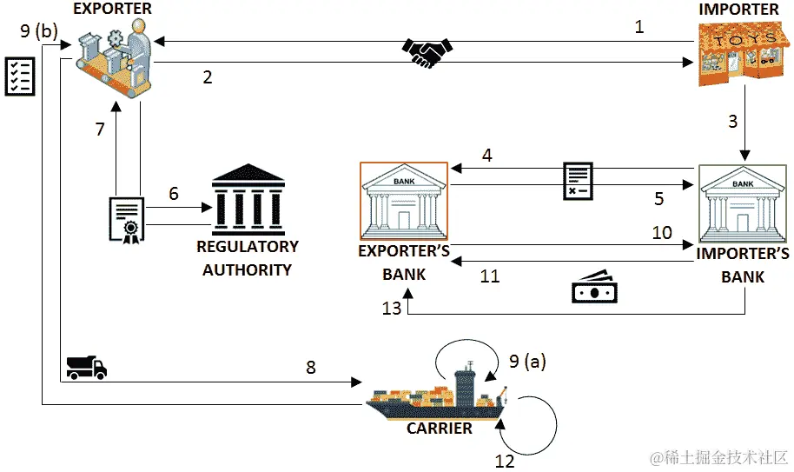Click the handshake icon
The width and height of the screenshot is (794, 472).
(427, 51)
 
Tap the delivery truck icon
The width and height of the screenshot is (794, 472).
(86, 367)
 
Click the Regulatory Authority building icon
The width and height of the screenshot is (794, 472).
(248, 198)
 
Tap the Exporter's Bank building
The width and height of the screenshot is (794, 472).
(404, 201)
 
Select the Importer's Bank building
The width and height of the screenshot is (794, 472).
(744, 203)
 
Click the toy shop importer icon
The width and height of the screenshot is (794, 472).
(739, 54)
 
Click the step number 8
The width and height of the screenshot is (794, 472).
(310, 367)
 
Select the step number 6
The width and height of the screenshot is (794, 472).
(174, 194)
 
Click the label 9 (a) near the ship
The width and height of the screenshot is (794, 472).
(527, 361)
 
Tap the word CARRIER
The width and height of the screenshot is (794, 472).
(440, 429)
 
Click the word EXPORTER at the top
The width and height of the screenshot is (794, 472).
(113, 9)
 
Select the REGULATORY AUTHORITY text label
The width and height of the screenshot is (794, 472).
(248, 258)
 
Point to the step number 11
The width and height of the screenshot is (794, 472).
(490, 276)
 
